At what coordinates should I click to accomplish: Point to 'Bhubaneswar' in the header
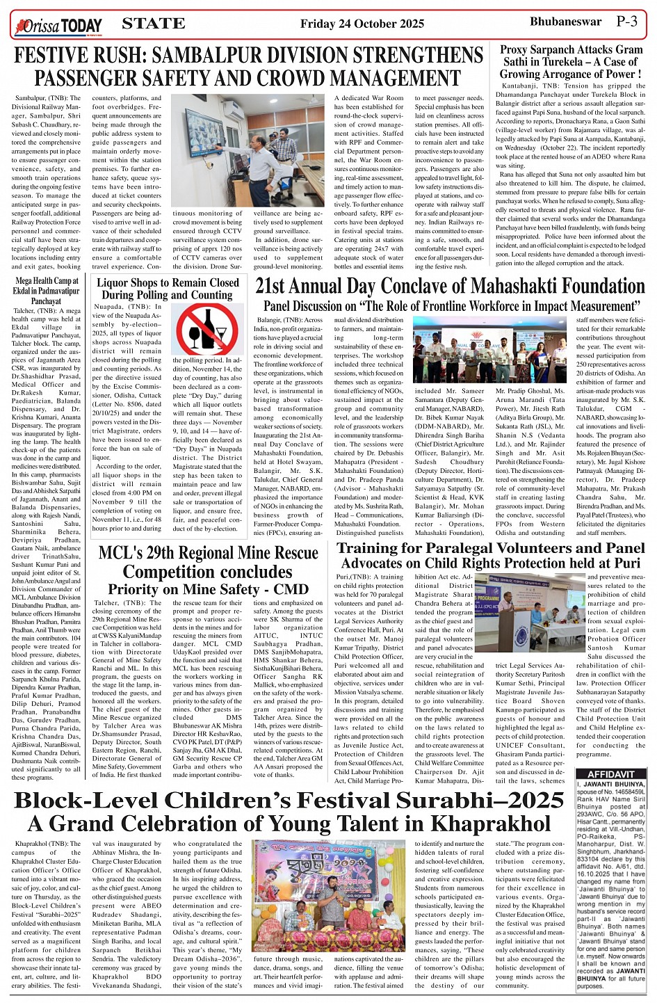point(565,22)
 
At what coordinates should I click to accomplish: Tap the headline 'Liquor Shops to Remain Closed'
point(168,283)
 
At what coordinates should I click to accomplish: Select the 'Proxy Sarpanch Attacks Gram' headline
point(571,49)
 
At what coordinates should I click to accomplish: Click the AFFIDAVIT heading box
point(611,773)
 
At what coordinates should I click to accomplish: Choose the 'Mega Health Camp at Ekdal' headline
point(47,282)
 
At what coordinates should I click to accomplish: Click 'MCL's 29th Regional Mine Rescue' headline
point(208,554)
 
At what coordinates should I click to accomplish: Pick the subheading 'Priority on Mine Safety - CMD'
point(208,589)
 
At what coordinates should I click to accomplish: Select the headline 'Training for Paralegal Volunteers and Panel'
point(490,548)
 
